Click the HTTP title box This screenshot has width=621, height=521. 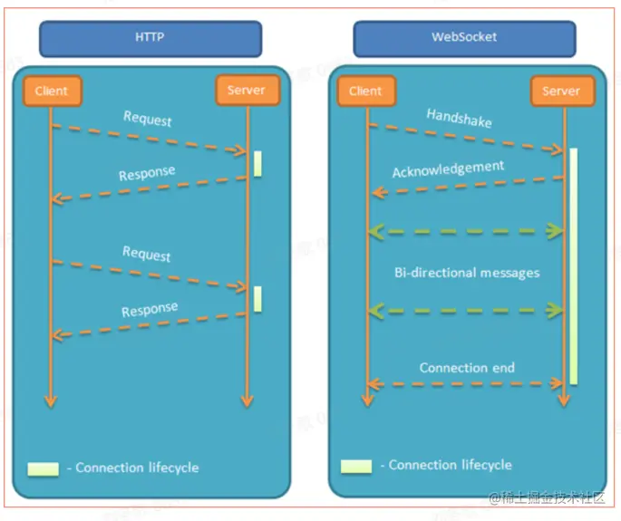[x=150, y=39]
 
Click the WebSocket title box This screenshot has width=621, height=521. [x=464, y=39]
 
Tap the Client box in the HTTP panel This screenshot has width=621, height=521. [x=52, y=91]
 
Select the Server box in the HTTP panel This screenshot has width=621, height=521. [x=247, y=91]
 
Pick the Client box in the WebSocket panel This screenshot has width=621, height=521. [x=365, y=91]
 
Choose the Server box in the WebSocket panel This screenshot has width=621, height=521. [x=561, y=91]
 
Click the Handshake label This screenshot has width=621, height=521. [x=459, y=117]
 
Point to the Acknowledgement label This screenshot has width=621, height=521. [x=448, y=169]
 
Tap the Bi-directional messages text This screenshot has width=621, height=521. [x=467, y=272]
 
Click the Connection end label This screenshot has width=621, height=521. [x=467, y=368]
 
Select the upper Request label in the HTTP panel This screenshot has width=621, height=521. [x=148, y=119]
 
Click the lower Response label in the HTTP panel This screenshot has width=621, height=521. [x=149, y=310]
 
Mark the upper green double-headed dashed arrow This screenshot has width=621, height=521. [x=465, y=232]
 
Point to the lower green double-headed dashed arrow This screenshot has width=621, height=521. [x=465, y=311]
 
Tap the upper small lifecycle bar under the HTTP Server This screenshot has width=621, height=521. [x=257, y=163]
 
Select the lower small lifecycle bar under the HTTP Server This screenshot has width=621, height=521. [x=257, y=299]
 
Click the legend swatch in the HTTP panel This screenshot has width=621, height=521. [x=44, y=469]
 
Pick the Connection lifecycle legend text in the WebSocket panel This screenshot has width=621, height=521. [x=451, y=465]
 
